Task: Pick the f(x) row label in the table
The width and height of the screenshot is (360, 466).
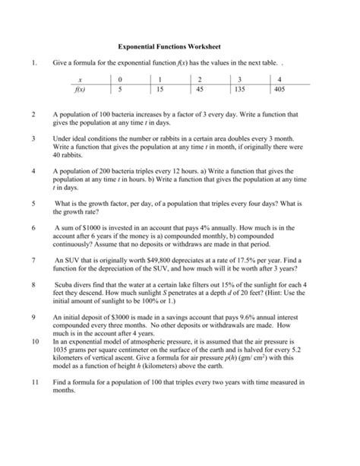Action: [80, 89]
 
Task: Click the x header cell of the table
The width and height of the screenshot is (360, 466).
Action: [80, 79]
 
